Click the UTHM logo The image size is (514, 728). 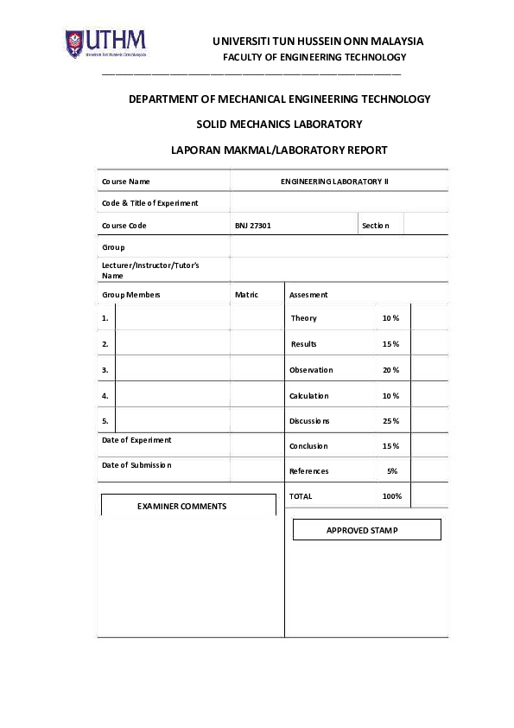(x=105, y=43)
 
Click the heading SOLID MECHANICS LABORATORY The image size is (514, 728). (x=279, y=125)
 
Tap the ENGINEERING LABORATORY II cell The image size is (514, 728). (x=335, y=182)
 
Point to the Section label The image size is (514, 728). (x=376, y=226)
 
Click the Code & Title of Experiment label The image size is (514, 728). (x=149, y=203)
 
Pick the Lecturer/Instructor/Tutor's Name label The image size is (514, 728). (x=150, y=270)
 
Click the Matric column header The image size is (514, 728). (x=246, y=295)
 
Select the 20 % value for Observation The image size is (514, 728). (x=390, y=370)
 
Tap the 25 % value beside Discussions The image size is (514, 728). (x=390, y=421)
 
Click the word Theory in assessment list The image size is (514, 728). (x=303, y=318)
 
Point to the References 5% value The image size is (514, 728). (x=392, y=471)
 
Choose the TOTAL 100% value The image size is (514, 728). (x=392, y=496)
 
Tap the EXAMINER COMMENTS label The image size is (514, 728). (x=181, y=506)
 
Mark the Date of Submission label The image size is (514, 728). (x=136, y=465)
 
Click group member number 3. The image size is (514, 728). (x=105, y=370)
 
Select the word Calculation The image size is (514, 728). (x=308, y=396)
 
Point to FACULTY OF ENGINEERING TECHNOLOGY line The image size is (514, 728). (x=314, y=57)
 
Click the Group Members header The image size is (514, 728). (x=130, y=295)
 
